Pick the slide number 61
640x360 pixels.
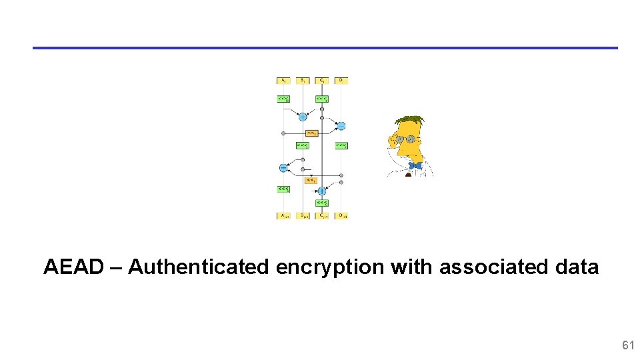pos(627,345)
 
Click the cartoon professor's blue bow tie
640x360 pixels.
pos(415,165)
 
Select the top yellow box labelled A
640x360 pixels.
pos(283,81)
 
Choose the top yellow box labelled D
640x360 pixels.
pos(341,81)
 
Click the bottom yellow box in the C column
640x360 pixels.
pos(322,216)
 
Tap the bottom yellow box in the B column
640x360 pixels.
pos(303,216)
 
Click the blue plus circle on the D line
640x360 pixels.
pos(341,125)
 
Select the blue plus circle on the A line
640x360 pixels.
pos(283,167)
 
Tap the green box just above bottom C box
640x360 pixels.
pos(322,202)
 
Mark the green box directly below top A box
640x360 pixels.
pos(283,99)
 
